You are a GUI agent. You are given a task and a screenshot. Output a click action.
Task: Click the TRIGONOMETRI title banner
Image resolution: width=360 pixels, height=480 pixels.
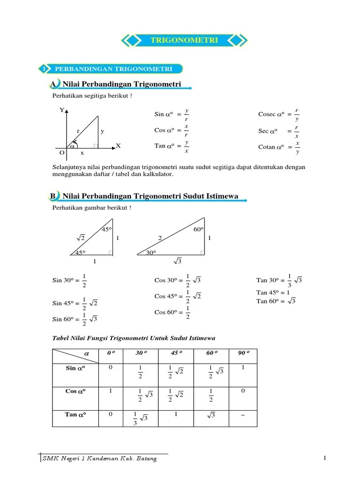(184, 41)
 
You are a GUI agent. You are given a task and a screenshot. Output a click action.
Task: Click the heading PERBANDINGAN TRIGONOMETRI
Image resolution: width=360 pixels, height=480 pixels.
(113, 69)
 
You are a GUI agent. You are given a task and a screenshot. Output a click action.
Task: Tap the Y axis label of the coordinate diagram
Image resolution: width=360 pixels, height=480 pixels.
(61, 110)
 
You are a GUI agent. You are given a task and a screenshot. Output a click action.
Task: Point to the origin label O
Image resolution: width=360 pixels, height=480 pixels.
(61, 153)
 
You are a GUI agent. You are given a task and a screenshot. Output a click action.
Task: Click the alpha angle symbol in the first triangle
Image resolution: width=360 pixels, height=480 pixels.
(72, 146)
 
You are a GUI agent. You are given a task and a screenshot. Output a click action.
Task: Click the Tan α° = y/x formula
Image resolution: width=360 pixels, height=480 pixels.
(172, 146)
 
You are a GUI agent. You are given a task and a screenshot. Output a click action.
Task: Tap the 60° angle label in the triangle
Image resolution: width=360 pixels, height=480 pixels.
(198, 229)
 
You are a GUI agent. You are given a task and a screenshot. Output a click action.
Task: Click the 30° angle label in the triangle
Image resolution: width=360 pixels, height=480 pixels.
(150, 252)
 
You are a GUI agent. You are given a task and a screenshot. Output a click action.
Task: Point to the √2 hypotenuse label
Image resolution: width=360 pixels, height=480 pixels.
(80, 238)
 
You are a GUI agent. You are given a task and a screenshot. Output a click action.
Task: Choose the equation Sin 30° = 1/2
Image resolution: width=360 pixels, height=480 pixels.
(69, 280)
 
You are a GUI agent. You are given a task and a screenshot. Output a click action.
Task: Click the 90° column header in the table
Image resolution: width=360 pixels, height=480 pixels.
(243, 353)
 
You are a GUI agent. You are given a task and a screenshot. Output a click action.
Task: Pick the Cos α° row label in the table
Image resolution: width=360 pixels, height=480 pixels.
(75, 390)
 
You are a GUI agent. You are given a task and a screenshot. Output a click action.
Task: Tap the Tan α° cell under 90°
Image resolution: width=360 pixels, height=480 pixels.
(243, 415)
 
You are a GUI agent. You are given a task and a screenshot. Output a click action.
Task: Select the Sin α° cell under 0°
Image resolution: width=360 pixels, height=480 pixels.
(110, 367)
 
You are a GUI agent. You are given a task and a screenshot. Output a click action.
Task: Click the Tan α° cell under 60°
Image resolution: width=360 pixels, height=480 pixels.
(211, 415)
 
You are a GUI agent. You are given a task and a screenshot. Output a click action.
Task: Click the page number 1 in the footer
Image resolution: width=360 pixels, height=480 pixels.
(324, 458)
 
